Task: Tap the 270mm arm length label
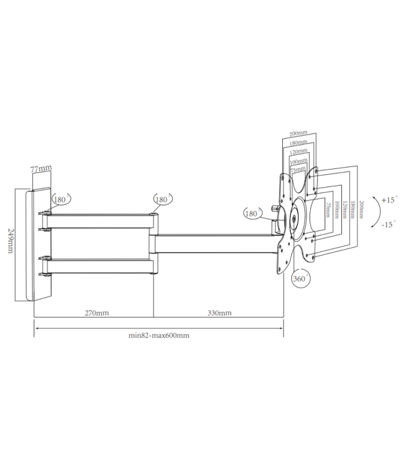coord(96,313)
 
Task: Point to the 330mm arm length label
coord(219,313)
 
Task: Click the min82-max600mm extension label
coord(158,336)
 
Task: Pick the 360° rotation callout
coord(300,278)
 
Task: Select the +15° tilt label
coord(388,200)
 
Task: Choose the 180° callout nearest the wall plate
coord(61,199)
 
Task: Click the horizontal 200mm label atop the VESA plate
coord(298,133)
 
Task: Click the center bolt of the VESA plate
coord(296,218)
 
